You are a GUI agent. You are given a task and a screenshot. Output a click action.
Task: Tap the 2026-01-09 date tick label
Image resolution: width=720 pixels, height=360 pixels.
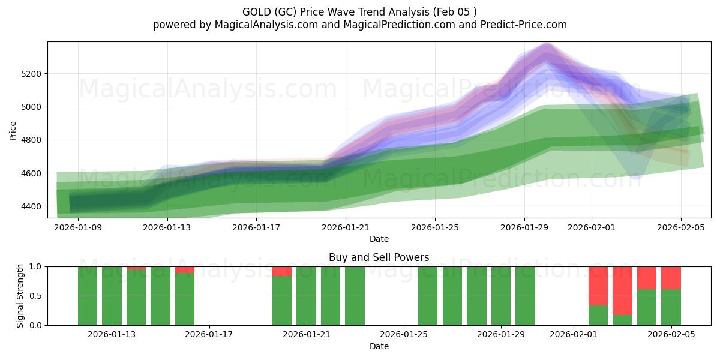[78, 227]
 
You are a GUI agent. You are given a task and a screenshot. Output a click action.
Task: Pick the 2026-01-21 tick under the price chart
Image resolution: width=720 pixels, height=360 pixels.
[346, 227]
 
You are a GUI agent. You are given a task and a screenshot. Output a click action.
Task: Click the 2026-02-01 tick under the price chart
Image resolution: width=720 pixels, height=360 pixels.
[591, 227]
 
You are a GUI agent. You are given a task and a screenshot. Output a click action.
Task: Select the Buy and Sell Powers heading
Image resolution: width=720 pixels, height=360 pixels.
[379, 257]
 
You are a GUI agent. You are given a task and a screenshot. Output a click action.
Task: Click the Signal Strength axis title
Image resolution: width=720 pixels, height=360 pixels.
[20, 295]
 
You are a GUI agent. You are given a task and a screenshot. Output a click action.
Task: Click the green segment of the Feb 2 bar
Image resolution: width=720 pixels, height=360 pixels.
[598, 316]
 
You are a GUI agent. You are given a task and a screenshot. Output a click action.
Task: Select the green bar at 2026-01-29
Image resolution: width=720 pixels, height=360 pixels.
[525, 296]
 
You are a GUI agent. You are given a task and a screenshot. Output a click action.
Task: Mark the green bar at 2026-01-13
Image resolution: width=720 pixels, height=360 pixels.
[112, 296]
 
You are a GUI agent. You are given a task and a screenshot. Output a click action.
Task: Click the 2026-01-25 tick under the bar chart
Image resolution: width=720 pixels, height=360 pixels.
[404, 334]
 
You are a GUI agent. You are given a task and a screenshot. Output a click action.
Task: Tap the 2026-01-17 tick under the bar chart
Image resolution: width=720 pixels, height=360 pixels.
[209, 334]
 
